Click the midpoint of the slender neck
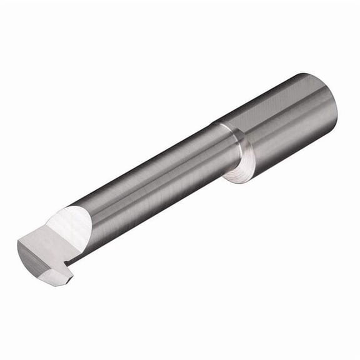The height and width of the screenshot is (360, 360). (156, 187)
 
